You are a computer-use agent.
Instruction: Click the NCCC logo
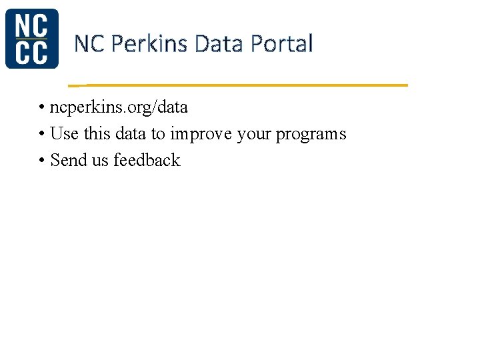(x=31, y=39)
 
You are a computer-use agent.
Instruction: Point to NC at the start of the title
(x=89, y=44)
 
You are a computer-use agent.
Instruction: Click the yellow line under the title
(x=240, y=85)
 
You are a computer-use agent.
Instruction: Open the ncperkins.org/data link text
(x=119, y=107)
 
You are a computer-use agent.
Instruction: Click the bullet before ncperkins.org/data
(x=41, y=107)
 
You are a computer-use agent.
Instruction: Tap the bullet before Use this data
(x=41, y=134)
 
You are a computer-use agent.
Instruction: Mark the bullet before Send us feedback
(x=41, y=161)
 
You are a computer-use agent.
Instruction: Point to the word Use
(x=64, y=134)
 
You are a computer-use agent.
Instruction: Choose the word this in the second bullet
(x=97, y=134)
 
